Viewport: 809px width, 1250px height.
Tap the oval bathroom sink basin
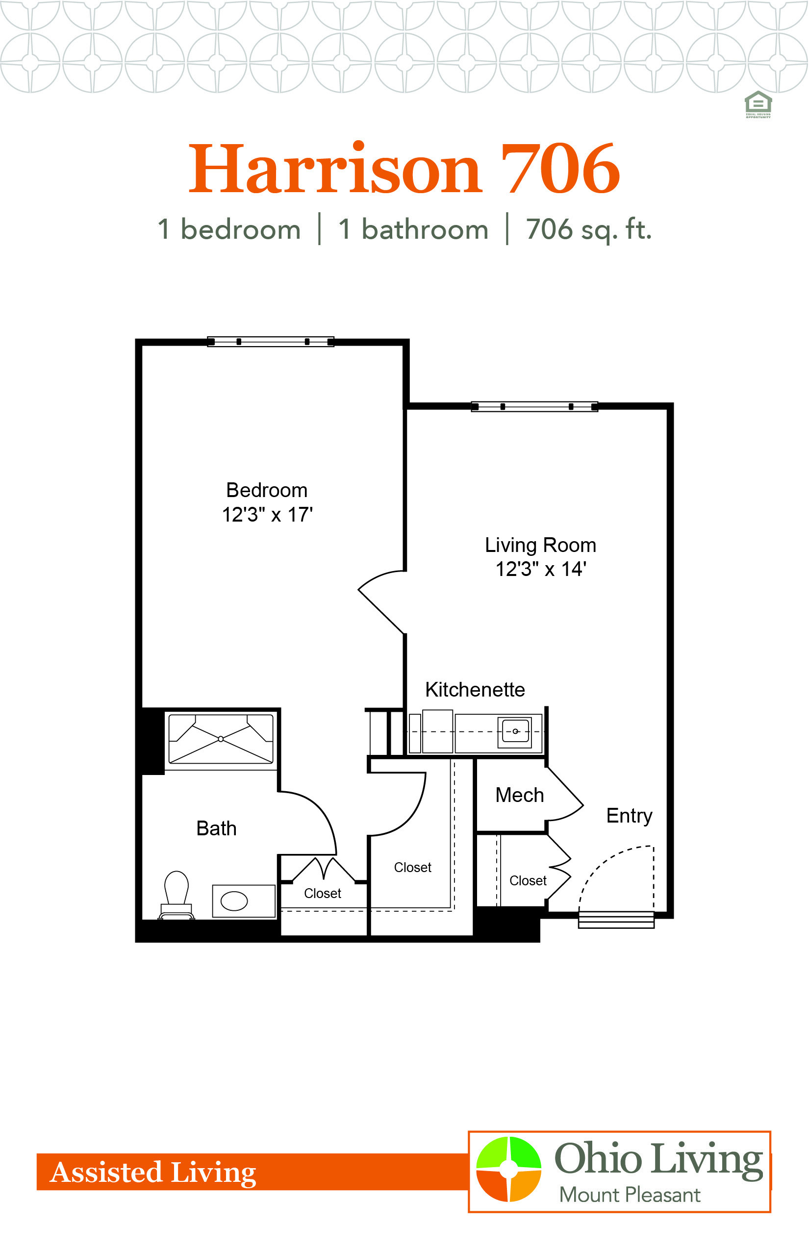click(234, 901)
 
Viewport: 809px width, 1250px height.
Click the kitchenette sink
click(515, 731)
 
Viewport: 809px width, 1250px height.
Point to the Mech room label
click(520, 795)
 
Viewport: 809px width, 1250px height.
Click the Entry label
click(630, 816)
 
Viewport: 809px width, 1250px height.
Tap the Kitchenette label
click(475, 689)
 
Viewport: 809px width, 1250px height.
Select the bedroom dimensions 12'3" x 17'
click(267, 515)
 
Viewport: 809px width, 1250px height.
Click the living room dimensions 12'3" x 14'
click(541, 569)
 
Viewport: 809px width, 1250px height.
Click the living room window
click(534, 406)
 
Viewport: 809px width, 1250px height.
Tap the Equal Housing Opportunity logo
click(758, 104)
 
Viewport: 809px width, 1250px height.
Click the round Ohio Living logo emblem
click(508, 1169)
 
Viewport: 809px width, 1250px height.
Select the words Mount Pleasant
click(630, 1195)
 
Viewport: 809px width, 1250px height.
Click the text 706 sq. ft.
click(589, 229)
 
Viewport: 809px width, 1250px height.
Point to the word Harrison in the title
click(335, 168)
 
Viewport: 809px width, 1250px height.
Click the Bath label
click(216, 828)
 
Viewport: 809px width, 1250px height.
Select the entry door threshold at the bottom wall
click(616, 920)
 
